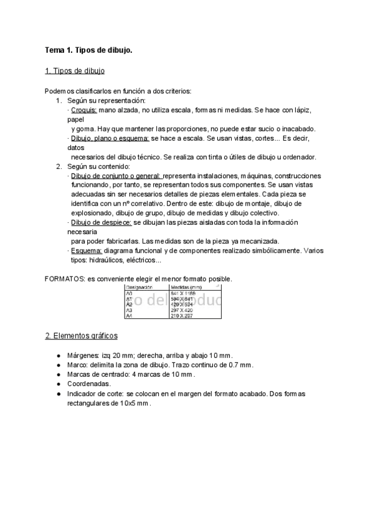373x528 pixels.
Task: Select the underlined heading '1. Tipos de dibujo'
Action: [x=75, y=72]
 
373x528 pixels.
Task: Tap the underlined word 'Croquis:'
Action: [x=83, y=110]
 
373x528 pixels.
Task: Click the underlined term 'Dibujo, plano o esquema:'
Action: [x=110, y=138]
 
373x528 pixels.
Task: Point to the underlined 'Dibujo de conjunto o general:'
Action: [x=116, y=176]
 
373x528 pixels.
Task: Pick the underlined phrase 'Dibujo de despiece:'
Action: [x=101, y=222]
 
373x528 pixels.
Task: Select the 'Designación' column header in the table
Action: [x=139, y=287]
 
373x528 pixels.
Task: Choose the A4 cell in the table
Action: [x=130, y=316]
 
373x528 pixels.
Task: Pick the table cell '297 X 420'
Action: [x=182, y=309]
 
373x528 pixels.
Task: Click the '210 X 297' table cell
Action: [x=182, y=316]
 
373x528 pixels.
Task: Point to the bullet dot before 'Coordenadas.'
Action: [x=59, y=384]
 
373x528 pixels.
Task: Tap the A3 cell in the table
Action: [x=130, y=309]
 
